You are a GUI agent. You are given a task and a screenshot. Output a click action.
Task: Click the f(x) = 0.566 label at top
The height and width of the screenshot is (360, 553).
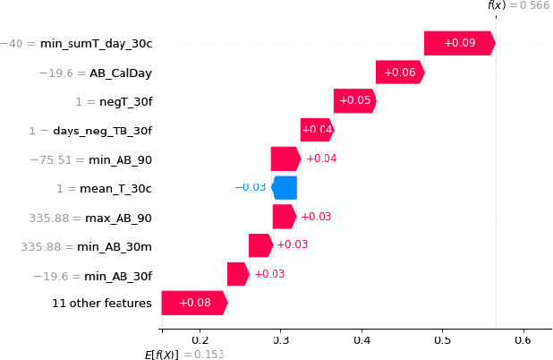(519, 5)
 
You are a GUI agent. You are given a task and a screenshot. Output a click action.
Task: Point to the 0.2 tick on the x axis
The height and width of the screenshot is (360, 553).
(200, 339)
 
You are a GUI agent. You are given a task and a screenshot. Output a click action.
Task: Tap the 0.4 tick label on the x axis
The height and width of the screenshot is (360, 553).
(362, 339)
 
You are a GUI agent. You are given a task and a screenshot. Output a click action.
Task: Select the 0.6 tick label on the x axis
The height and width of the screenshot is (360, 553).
(523, 339)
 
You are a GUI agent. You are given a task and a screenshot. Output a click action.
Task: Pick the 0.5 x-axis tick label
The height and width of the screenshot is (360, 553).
(442, 339)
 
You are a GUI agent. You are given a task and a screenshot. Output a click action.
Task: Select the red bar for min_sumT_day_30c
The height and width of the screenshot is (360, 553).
(459, 43)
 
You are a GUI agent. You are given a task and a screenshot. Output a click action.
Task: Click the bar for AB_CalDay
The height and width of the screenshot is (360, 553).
(400, 73)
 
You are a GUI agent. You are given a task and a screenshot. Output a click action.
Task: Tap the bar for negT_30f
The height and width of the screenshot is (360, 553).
(354, 101)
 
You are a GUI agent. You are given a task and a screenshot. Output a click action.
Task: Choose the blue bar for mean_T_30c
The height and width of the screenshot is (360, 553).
(285, 188)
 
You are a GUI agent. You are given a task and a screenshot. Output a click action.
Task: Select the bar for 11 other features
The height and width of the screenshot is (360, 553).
(194, 304)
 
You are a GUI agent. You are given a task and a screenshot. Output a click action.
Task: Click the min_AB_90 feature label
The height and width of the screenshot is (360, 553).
(120, 159)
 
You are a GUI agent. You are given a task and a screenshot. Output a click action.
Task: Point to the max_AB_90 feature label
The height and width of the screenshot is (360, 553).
(118, 218)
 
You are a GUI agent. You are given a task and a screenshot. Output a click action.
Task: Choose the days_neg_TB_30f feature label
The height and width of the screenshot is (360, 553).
(102, 131)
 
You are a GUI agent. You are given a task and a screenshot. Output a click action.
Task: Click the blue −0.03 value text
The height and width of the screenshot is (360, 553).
(251, 187)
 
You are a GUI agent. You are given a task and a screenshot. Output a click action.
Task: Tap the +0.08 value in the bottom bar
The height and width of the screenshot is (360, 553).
(195, 304)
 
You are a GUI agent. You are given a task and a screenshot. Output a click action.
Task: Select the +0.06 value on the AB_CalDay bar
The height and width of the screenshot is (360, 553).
(399, 73)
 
